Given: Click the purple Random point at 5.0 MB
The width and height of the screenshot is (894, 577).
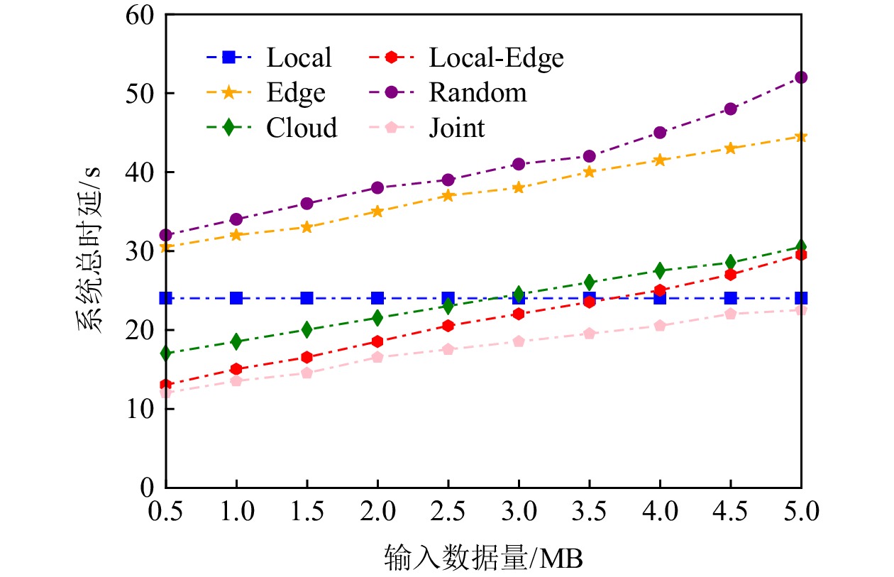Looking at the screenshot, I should click(x=801, y=77).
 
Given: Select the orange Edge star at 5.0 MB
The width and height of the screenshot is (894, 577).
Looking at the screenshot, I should click(x=801, y=136).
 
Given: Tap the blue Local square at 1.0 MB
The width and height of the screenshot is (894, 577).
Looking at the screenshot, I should click(x=236, y=298).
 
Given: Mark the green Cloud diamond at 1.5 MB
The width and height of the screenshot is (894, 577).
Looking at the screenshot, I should click(x=307, y=329).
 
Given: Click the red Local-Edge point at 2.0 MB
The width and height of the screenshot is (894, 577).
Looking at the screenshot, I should click(x=377, y=341).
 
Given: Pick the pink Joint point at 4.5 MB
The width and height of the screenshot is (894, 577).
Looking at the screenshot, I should click(x=731, y=314).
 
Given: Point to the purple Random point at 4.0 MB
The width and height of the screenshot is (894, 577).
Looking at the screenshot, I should click(x=660, y=133).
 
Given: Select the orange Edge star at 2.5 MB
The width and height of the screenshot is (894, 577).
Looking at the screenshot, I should click(x=448, y=195).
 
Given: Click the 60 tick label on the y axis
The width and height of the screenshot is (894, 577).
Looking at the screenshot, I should click(x=140, y=15).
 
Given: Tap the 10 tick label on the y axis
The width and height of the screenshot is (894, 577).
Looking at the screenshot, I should click(x=140, y=409).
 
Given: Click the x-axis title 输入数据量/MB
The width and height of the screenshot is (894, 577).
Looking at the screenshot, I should click(x=483, y=557).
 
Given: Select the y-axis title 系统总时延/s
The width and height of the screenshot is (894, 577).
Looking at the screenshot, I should click(x=89, y=252).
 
